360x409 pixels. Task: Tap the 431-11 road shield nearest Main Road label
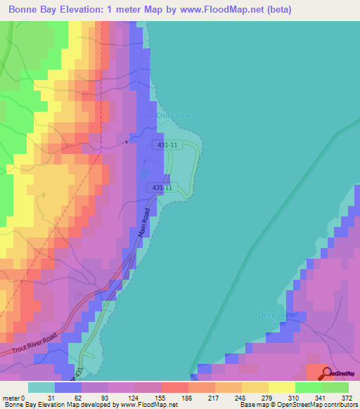click(160, 188)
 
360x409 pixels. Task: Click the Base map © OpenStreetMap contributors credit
click(297, 405)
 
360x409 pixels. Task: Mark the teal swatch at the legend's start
click(41, 387)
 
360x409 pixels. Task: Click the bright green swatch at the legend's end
click(335, 387)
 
